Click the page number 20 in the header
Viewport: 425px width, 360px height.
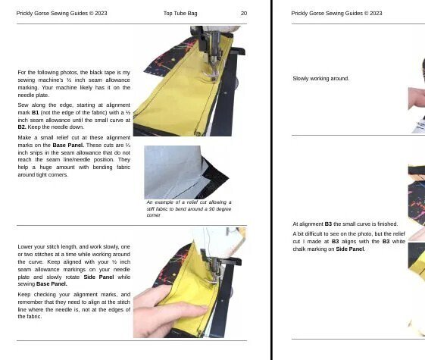(244, 13)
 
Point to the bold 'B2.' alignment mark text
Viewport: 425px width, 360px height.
(23, 127)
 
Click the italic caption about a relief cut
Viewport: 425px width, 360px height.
(189, 208)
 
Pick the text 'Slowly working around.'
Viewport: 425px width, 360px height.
(320, 79)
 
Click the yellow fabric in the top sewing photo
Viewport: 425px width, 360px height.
(170, 99)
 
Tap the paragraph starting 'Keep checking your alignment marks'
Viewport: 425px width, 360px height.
(73, 305)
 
